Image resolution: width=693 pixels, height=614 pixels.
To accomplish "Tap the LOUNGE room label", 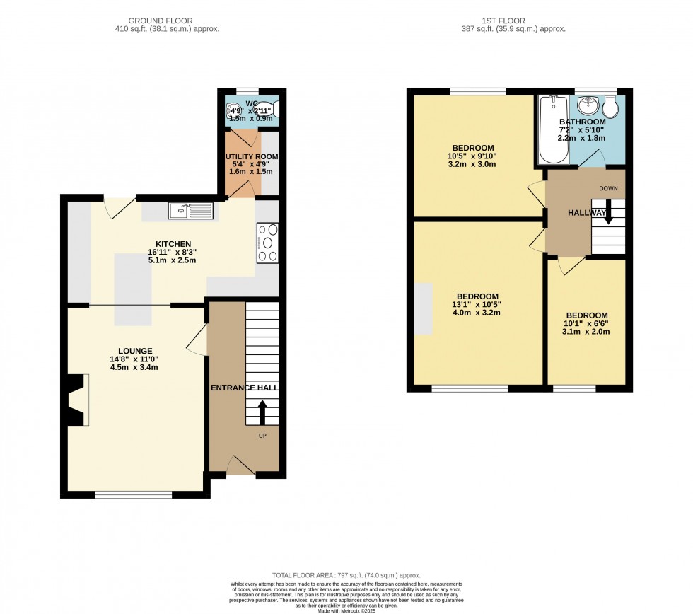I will (x=135, y=350).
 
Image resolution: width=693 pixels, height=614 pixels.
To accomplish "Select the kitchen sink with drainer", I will (x=190, y=209).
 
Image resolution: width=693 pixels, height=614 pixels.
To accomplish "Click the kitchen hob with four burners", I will (x=267, y=243).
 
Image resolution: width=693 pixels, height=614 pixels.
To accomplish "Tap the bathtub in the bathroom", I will (x=552, y=129).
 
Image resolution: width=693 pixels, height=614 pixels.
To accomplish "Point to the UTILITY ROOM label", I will (x=252, y=156).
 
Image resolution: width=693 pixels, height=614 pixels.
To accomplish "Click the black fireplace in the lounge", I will (x=74, y=400).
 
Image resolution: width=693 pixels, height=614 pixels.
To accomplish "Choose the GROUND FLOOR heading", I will (x=166, y=21).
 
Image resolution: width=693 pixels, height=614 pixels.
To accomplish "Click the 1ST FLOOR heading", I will (x=512, y=21).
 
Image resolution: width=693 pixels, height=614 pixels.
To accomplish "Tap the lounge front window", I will (x=134, y=494).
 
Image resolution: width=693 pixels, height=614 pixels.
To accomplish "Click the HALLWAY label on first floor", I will (x=587, y=213).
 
